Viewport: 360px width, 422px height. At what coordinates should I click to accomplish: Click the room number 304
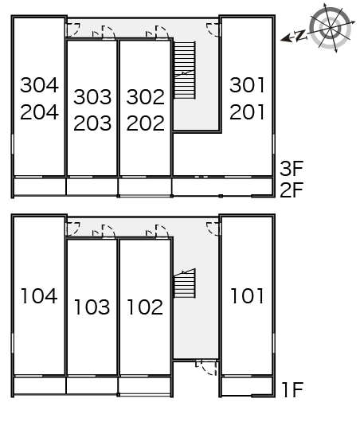pos(39,85)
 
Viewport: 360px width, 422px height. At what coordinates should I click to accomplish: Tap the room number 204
pos(39,112)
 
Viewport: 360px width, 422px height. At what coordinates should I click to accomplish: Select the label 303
pos(92,96)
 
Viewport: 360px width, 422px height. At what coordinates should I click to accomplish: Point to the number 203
pos(92,123)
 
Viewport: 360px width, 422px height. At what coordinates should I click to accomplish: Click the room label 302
pos(146,96)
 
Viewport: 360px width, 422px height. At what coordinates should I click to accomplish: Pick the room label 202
pos(146,123)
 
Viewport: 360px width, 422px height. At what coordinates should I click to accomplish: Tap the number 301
pos(247,85)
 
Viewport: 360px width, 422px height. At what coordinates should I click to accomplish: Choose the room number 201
pos(247,112)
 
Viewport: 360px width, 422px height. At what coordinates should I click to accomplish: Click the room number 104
pos(39,295)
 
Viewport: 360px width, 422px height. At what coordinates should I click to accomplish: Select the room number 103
pos(92,307)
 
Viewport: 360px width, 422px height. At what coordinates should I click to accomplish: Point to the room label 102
pos(145,307)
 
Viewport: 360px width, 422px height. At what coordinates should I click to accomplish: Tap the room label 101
pos(247,295)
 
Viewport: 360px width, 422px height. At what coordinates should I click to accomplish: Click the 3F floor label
pos(292,169)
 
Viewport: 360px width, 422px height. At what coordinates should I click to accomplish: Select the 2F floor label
pos(292,190)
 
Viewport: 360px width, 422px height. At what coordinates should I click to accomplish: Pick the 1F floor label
pos(292,389)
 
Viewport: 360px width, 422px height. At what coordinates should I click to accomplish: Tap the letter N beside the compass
pos(300,35)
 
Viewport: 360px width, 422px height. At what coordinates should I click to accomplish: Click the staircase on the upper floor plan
pos(185,70)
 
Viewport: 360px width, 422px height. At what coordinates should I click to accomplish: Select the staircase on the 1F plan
pos(185,283)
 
